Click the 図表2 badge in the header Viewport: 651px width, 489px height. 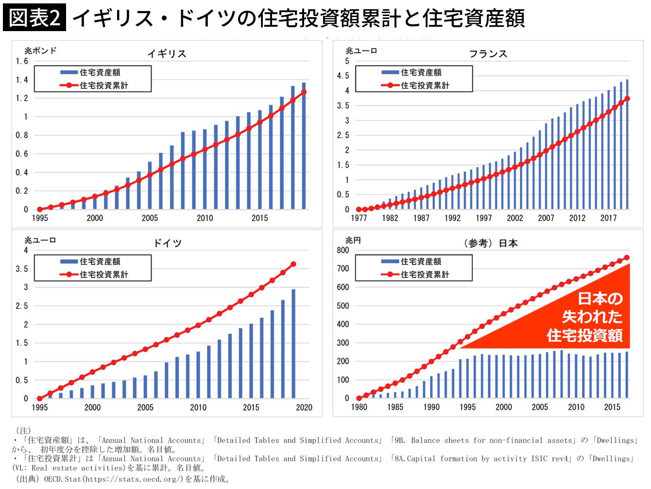click(34, 17)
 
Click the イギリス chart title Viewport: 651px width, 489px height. click(167, 53)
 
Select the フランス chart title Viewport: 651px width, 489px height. click(488, 53)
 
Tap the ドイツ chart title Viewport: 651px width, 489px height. click(167, 243)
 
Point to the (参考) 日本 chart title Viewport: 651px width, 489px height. click(490, 243)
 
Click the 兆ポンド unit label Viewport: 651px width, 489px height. click(40, 51)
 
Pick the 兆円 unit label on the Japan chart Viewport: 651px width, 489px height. click(353, 240)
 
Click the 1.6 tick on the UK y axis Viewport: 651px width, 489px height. click(22, 61)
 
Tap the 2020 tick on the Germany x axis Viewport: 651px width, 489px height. click(304, 407)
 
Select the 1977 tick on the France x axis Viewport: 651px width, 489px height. click(359, 218)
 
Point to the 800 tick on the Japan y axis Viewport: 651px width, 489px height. click(343, 250)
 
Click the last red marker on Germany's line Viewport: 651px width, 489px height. click(293, 264)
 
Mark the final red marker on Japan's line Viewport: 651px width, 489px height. click(627, 258)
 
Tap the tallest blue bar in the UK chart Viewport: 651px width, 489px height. click(304, 146)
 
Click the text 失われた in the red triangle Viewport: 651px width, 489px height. click(592, 317)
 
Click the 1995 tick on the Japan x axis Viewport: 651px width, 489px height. click(467, 407)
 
